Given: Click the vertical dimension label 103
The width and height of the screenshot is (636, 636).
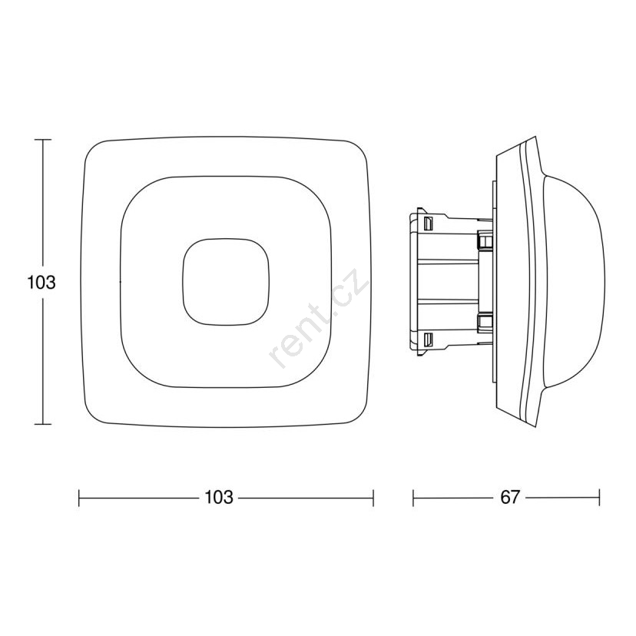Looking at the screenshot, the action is pos(41,283).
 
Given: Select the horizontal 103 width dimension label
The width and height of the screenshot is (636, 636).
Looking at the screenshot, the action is pos(219,497).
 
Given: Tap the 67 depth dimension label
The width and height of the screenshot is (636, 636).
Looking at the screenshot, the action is pos(510,497).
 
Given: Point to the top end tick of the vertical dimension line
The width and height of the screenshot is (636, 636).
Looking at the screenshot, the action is pos(43,140).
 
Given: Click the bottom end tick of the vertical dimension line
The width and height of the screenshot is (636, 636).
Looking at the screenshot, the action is pos(43,424).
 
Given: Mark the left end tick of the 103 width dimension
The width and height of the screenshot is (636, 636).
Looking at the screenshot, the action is pos(79,498).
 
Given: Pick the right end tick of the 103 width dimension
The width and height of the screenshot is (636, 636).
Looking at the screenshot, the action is pos(373,498).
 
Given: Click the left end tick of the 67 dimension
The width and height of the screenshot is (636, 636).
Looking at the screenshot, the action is pos(413,498).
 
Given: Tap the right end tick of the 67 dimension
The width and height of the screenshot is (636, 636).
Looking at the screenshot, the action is pos(599,498).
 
